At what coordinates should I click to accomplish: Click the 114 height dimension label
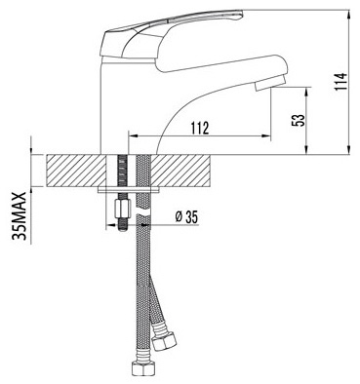click(x=340, y=82)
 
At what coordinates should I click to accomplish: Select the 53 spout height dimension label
click(x=300, y=120)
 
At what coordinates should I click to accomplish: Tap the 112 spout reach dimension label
click(x=200, y=128)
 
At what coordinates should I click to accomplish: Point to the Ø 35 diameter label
click(x=186, y=217)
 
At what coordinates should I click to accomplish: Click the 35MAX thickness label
click(x=20, y=215)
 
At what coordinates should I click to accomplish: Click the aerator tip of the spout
click(x=270, y=83)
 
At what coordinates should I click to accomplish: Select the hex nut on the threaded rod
click(x=123, y=209)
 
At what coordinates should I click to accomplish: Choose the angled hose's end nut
click(x=164, y=340)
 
